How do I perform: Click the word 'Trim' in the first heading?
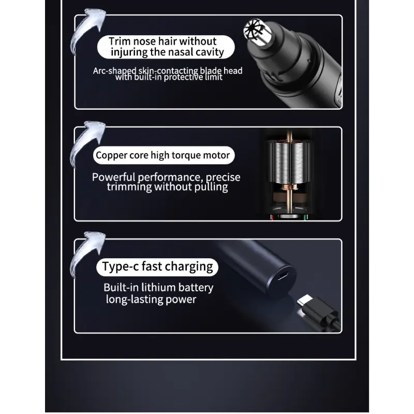point(120,41)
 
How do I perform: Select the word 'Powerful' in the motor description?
point(113,177)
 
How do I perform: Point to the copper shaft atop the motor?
point(289,134)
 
